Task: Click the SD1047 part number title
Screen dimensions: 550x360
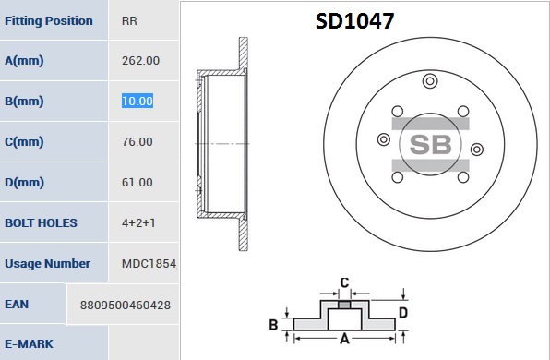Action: coord(354,20)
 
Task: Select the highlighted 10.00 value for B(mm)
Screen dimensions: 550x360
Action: coord(137,101)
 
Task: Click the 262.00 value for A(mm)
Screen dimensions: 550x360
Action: coord(140,61)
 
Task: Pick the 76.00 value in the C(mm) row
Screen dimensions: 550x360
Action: coord(137,142)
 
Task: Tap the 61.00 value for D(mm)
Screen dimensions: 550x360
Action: coord(137,183)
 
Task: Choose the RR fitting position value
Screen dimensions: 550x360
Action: coord(129,20)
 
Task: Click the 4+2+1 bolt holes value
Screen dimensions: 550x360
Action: coord(138,222)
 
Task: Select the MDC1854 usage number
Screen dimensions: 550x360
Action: coord(149,263)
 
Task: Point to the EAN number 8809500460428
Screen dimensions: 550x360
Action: coord(126,306)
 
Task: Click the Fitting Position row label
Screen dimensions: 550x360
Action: coord(49,20)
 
